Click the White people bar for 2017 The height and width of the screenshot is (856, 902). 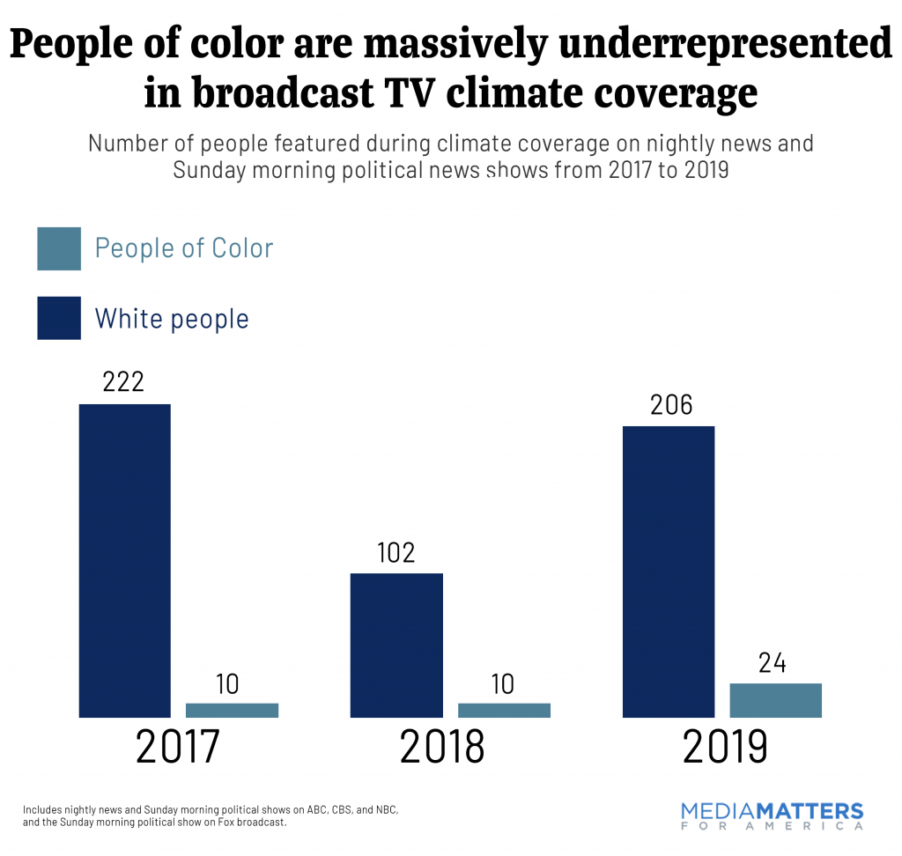pyautogui.click(x=124, y=560)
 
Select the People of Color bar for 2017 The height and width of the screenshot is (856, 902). pyautogui.click(x=232, y=710)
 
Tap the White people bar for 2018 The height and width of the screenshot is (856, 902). pyautogui.click(x=396, y=645)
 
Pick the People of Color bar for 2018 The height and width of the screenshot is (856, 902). pyautogui.click(x=504, y=710)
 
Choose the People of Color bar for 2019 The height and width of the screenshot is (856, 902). pyautogui.click(x=775, y=700)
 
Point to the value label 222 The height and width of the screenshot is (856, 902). pyautogui.click(x=124, y=382)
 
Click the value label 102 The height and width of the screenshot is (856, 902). pyautogui.click(x=396, y=553)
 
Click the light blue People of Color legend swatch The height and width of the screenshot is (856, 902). pyautogui.click(x=59, y=248)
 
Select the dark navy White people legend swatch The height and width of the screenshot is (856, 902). pyautogui.click(x=59, y=318)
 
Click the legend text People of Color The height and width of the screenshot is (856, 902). pyautogui.click(x=184, y=248)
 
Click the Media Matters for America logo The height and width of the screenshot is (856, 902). pyautogui.click(x=772, y=815)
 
